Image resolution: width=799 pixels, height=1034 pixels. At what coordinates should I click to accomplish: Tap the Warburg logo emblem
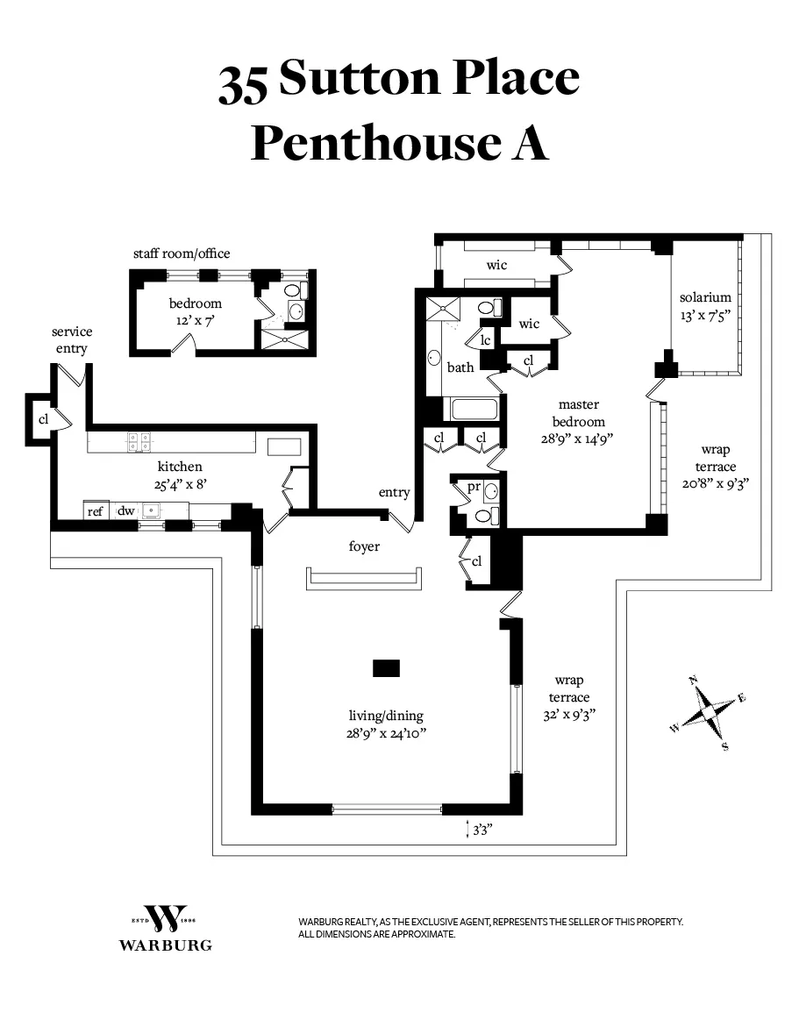pyautogui.click(x=166, y=918)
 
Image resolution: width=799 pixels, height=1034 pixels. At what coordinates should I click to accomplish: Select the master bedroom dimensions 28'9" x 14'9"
pyautogui.click(x=579, y=439)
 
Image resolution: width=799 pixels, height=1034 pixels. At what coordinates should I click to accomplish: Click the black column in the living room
pyautogui.click(x=386, y=668)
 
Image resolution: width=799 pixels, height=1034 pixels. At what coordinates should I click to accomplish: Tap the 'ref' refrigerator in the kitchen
pyautogui.click(x=96, y=510)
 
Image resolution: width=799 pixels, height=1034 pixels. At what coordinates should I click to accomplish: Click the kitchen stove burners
pyautogui.click(x=139, y=442)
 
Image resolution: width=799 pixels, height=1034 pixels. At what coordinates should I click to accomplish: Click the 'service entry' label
pyautogui.click(x=72, y=340)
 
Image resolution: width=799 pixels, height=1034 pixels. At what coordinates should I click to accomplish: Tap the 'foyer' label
pyautogui.click(x=364, y=546)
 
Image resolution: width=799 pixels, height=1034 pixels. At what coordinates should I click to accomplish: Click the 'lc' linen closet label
pyautogui.click(x=484, y=340)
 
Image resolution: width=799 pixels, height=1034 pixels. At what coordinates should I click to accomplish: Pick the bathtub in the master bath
pyautogui.click(x=474, y=410)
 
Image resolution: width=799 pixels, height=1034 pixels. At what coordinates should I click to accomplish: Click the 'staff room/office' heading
pyautogui.click(x=182, y=253)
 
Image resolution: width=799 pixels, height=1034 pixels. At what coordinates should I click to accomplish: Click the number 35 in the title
pyautogui.click(x=245, y=83)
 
